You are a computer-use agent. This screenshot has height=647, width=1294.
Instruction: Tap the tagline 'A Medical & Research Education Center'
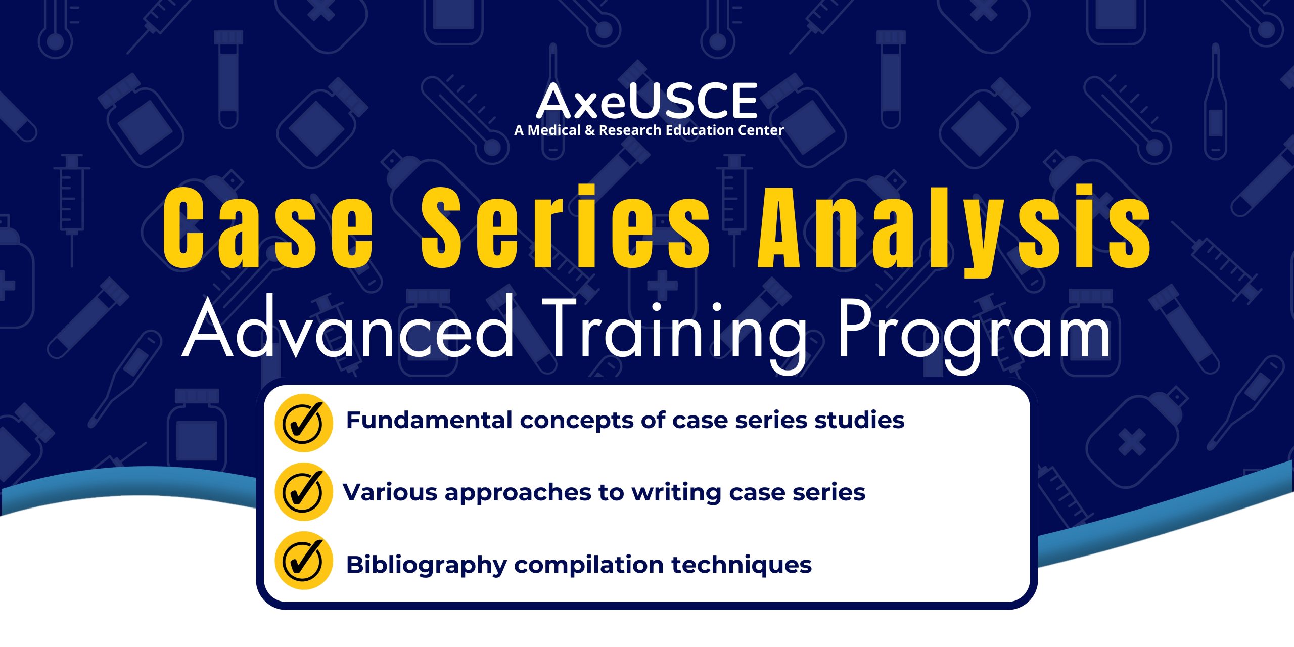click(x=649, y=130)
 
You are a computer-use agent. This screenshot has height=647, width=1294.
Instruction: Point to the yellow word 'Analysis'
click(x=954, y=230)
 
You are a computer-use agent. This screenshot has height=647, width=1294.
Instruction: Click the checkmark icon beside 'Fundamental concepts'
click(x=304, y=423)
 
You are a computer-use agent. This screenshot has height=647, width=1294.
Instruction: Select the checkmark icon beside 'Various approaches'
click(x=304, y=492)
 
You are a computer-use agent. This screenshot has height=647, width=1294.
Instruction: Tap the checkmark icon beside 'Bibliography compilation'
click(x=304, y=561)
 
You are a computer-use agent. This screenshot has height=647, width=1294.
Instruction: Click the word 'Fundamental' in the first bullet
click(x=429, y=420)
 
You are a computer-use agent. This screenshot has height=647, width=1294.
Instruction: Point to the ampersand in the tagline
click(x=589, y=130)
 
